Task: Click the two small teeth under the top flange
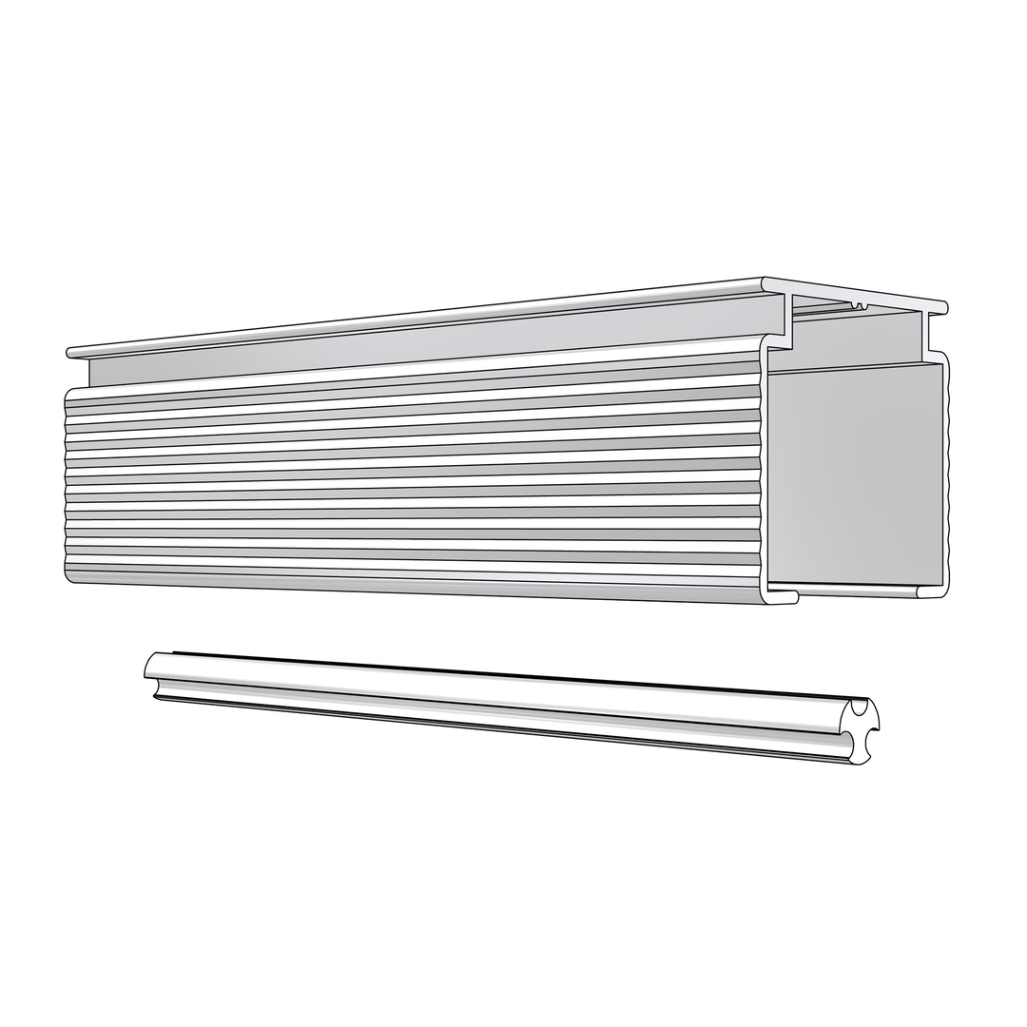click(860, 305)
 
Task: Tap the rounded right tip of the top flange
click(943, 307)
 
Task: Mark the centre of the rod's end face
click(861, 732)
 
